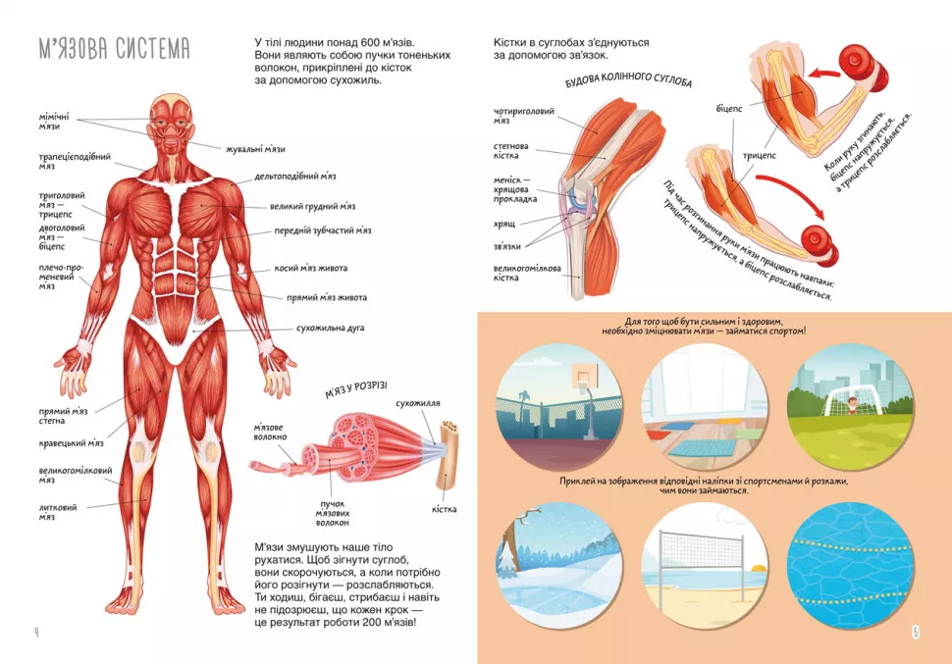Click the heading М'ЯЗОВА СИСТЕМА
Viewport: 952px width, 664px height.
coord(114,49)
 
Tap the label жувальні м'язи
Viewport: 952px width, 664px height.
coord(255,149)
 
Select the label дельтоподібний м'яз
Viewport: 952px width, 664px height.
coord(295,176)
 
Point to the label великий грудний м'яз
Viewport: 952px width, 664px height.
coord(313,206)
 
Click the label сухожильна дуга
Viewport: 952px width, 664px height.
coord(331,328)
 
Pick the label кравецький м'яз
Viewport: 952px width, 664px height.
coord(71,443)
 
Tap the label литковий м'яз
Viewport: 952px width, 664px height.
coord(58,512)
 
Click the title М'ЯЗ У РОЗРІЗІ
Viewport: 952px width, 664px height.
coord(356,390)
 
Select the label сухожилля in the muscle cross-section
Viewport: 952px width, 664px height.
coord(418,403)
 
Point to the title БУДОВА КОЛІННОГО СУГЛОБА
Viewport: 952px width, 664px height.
coord(628,80)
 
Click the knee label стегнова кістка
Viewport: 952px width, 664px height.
coord(510,150)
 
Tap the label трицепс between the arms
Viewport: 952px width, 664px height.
coord(760,155)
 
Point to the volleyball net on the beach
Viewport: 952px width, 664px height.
coord(702,553)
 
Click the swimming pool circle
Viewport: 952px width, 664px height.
coord(850,565)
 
